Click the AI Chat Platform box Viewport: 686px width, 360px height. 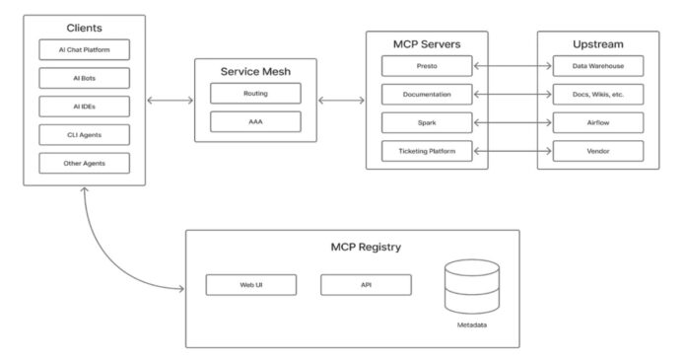click(x=83, y=49)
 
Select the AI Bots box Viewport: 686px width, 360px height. click(x=83, y=77)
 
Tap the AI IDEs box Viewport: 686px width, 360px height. click(x=83, y=106)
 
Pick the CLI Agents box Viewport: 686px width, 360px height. click(x=83, y=134)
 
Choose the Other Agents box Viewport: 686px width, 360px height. click(x=83, y=163)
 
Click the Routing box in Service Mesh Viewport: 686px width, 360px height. click(x=255, y=95)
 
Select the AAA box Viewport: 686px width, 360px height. click(x=255, y=122)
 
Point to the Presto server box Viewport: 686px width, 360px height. click(x=427, y=66)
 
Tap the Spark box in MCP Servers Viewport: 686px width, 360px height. click(x=427, y=123)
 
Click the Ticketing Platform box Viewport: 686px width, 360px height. click(x=427, y=152)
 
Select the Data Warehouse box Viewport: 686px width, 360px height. click(x=598, y=66)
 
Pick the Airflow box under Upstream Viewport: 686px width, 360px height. click(x=598, y=123)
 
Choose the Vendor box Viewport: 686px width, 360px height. click(x=598, y=152)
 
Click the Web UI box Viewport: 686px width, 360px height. click(x=250, y=285)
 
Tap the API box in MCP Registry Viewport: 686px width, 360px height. click(x=366, y=285)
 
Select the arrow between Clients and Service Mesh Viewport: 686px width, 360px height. click(x=170, y=100)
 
